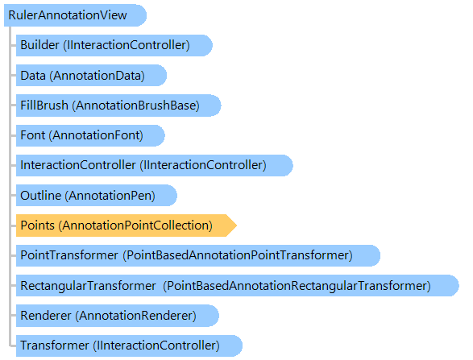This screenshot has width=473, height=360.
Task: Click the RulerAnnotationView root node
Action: click(75, 15)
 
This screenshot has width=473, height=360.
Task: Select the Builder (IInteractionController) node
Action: click(114, 45)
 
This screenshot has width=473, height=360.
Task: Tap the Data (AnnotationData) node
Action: click(91, 76)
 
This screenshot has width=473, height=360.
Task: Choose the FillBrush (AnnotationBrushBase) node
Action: click(118, 106)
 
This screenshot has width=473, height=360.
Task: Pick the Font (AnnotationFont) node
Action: click(90, 135)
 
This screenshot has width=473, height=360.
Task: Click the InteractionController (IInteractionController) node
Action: click(155, 165)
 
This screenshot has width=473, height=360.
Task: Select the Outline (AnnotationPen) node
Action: click(97, 196)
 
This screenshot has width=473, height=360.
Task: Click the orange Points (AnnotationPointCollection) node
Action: click(127, 226)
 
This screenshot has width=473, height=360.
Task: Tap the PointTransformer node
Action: click(198, 255)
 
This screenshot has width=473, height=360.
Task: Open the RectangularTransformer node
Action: click(238, 286)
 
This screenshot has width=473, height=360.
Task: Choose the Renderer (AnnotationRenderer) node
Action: click(118, 316)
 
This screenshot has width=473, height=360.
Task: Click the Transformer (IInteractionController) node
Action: click(130, 346)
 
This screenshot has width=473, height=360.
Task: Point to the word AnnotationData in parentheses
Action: click(98, 76)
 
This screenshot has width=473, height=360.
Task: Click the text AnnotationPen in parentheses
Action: click(110, 196)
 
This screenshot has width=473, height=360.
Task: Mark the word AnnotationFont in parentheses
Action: click(96, 135)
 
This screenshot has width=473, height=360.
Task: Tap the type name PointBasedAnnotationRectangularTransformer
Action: click(297, 286)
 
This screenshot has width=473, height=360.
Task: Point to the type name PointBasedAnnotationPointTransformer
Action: click(238, 255)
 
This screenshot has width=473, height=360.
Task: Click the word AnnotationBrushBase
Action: click(135, 106)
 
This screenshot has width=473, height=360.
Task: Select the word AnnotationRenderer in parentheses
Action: click(135, 316)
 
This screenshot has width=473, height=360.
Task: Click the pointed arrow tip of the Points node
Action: click(237, 226)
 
